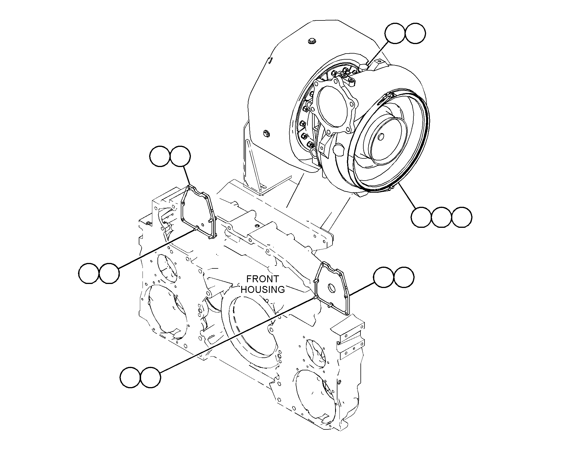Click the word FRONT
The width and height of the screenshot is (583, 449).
(263, 279)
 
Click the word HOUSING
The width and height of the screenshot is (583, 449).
(263, 289)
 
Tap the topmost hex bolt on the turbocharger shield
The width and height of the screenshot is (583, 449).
(311, 41)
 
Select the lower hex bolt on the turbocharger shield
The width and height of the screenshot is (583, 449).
(266, 133)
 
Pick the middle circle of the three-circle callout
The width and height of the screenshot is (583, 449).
(441, 217)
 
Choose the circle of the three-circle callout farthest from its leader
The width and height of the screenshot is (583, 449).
(462, 217)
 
